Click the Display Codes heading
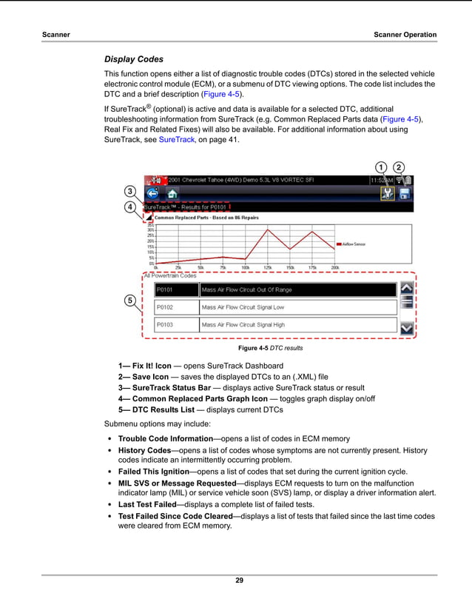tap(134, 59)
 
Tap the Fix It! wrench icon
tap(385, 194)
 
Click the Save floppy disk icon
tap(405, 194)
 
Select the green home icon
tap(172, 194)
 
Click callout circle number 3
tap(129, 192)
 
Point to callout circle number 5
tap(129, 301)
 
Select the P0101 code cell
tap(176, 289)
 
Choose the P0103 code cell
tap(176, 324)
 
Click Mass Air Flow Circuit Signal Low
tap(243, 307)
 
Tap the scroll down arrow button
tap(406, 326)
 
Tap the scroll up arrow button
tap(406, 288)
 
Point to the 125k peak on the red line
tap(268, 230)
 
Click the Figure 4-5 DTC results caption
tap(270, 348)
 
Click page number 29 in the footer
tap(239, 580)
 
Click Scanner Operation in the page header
tap(405, 35)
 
